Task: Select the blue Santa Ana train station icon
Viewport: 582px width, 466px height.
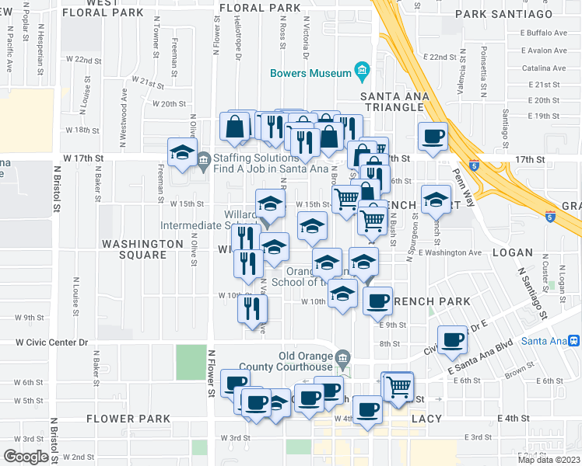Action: click(x=573, y=340)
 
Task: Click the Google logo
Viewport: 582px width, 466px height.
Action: click(x=26, y=457)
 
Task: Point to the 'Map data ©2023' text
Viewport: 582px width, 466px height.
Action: click(x=548, y=460)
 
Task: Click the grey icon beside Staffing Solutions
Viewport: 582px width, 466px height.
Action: click(x=203, y=162)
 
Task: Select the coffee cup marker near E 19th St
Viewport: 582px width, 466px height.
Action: click(x=433, y=137)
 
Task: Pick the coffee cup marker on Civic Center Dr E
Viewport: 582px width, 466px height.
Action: click(x=452, y=339)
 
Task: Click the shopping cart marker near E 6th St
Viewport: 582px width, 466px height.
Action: click(x=398, y=386)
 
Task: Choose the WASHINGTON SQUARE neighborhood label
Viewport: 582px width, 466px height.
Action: click(x=142, y=249)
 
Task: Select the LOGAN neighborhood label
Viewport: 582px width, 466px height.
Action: click(x=512, y=252)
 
